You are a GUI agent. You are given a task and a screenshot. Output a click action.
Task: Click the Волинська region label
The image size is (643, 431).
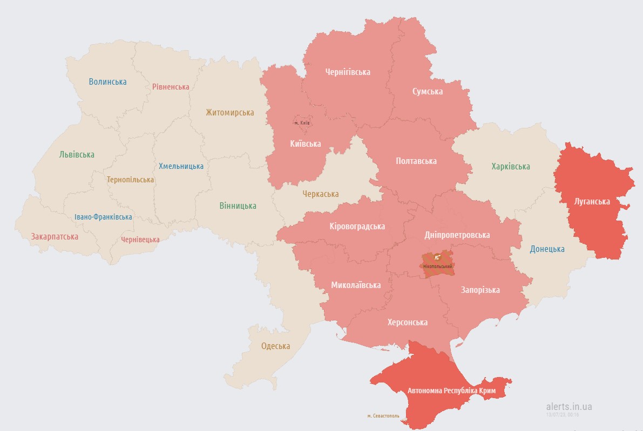[x=107, y=82]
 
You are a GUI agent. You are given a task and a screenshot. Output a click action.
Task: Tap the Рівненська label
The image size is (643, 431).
[x=171, y=87]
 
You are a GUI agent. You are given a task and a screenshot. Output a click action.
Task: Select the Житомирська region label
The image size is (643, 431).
[x=229, y=113]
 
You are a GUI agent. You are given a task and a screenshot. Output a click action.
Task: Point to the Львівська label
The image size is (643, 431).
[x=77, y=154]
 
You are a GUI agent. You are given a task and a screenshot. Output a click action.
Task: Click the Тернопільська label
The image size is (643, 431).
[x=130, y=180]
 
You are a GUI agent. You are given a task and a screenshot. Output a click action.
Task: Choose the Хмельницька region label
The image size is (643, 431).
[x=181, y=166]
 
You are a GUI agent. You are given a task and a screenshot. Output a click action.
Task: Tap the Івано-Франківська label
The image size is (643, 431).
[x=103, y=217]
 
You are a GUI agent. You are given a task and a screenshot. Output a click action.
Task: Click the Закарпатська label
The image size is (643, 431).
[x=55, y=236]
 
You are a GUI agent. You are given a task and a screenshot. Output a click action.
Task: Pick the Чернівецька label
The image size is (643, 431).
[x=140, y=239]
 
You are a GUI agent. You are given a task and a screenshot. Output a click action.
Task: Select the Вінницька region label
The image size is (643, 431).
[x=238, y=206]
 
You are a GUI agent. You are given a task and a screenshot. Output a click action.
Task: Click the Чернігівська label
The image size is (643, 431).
[x=348, y=72]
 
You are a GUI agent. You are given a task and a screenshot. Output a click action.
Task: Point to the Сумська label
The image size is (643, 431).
[x=427, y=91]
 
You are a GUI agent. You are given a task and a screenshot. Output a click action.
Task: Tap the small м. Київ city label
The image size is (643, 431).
[x=302, y=123]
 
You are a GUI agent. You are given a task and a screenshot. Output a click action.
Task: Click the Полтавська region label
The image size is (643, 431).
[x=416, y=161]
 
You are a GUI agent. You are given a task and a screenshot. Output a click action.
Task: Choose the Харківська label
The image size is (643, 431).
[x=510, y=166]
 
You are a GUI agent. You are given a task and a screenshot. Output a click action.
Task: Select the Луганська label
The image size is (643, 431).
[x=592, y=202]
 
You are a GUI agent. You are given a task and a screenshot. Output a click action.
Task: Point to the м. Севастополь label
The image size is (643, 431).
[x=383, y=416]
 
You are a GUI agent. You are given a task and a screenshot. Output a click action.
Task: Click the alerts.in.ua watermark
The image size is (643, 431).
[x=568, y=406]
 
